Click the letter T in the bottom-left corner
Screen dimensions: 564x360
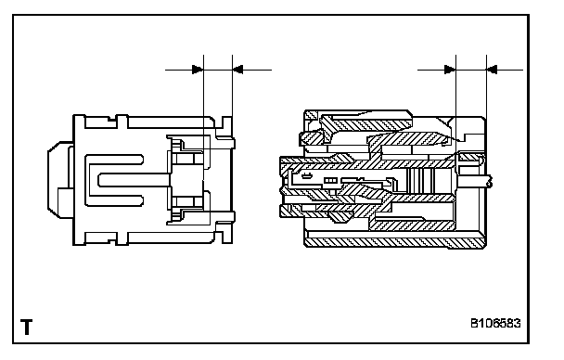click(x=26, y=327)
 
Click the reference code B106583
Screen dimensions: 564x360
click(x=495, y=323)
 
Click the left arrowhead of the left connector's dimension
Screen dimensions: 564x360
click(x=198, y=70)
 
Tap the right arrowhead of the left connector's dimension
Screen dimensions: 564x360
click(x=237, y=70)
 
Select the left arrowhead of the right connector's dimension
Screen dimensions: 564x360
click(x=450, y=70)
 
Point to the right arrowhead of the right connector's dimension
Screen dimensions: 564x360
click(x=492, y=70)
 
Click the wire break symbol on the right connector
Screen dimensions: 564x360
click(x=489, y=181)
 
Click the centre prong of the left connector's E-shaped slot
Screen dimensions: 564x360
click(x=134, y=180)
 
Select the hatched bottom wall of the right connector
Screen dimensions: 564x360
click(x=396, y=243)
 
